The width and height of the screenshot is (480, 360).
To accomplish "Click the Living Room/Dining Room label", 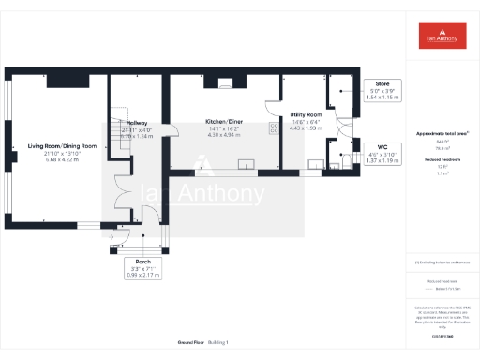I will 63,146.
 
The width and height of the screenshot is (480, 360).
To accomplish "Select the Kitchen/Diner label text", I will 224,122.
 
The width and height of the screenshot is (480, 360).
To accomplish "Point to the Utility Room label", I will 306,114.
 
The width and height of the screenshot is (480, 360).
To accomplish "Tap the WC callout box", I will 382,154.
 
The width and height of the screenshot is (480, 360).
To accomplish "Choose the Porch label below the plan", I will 143,262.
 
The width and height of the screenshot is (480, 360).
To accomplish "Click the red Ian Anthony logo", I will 443,36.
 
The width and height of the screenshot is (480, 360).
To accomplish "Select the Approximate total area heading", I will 442,134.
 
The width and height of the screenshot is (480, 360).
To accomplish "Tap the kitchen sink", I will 246,166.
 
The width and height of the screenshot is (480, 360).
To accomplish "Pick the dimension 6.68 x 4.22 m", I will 63,160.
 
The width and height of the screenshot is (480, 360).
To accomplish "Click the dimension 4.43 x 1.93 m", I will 306,128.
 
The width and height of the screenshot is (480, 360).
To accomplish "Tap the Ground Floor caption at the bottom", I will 190,343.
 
